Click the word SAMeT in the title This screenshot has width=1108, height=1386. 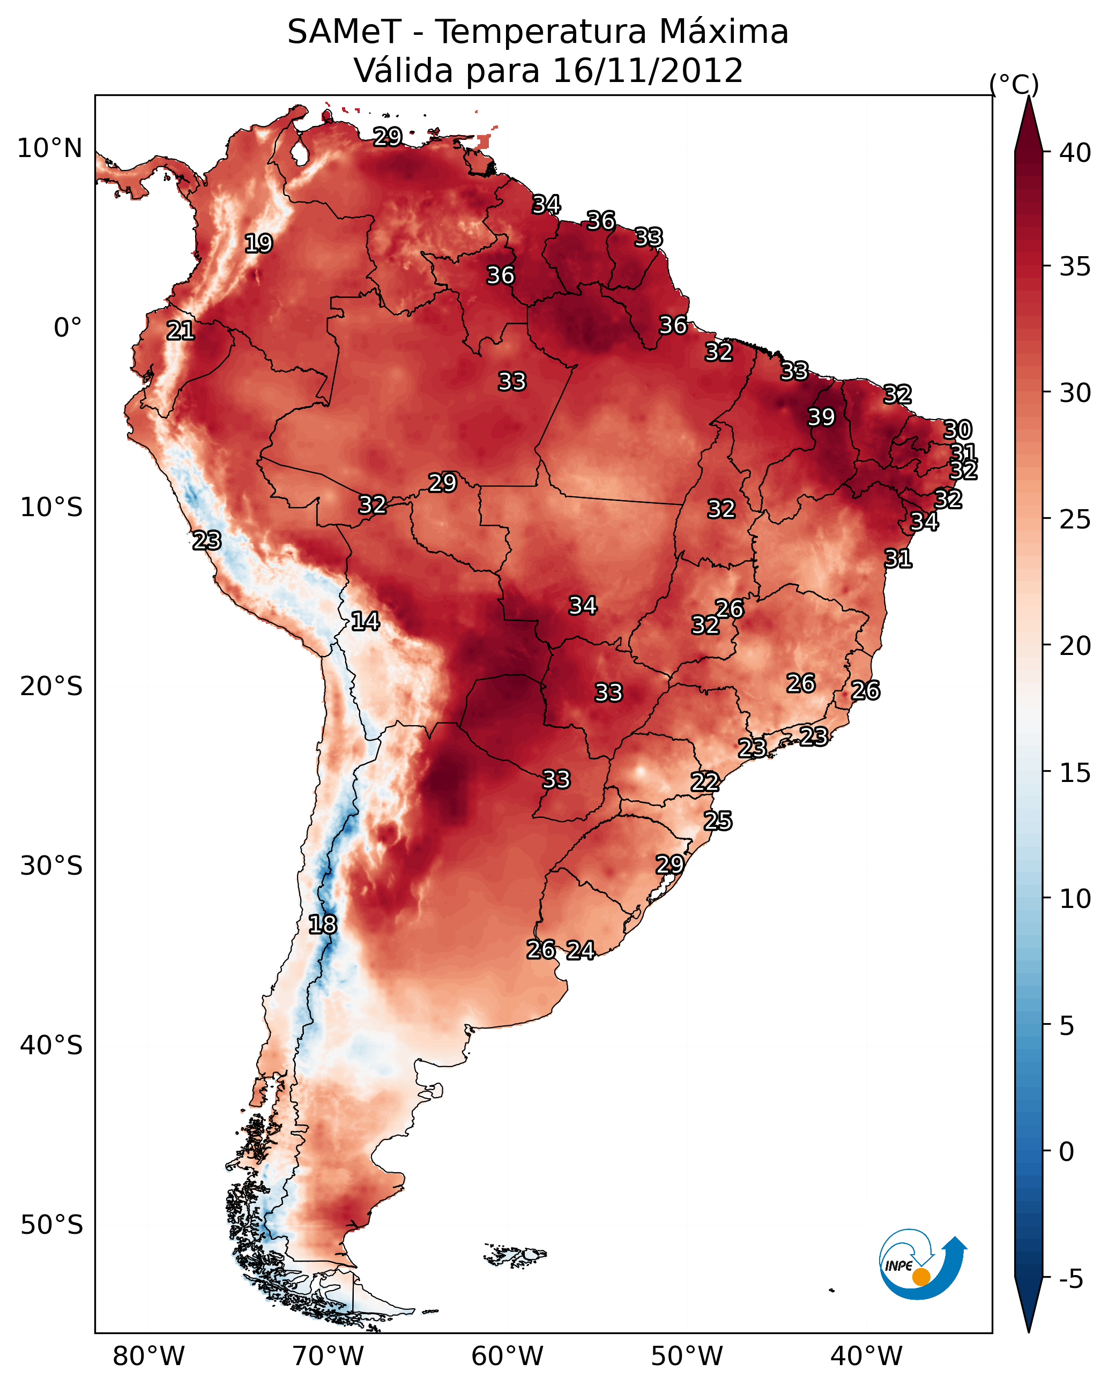click(x=344, y=32)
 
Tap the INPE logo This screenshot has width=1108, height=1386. click(x=921, y=1266)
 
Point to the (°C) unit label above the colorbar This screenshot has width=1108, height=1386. click(x=1014, y=84)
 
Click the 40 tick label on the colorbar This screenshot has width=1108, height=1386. click(x=1075, y=153)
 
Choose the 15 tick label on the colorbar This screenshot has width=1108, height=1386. click(x=1075, y=773)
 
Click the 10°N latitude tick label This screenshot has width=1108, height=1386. click(x=49, y=148)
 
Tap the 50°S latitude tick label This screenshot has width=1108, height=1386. click(x=51, y=1225)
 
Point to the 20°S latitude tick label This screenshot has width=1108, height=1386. click(x=51, y=687)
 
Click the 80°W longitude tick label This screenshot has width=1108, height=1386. click(x=148, y=1357)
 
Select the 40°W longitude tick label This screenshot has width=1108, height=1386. click(x=866, y=1357)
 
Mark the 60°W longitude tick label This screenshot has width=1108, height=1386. click(x=508, y=1357)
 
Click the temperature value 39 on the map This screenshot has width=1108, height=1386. click(x=821, y=417)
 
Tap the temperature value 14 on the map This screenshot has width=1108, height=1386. click(x=365, y=621)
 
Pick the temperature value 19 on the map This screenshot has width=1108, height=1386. click(x=258, y=244)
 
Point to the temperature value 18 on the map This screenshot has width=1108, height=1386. click(x=322, y=925)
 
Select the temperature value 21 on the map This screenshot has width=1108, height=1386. click(x=181, y=331)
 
